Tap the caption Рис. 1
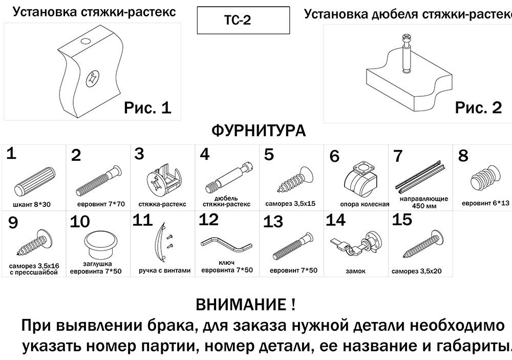click(147, 108)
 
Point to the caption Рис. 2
click(478, 108)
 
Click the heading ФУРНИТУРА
click(258, 131)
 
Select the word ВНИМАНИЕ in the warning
click(241, 306)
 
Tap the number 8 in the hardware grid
click(463, 156)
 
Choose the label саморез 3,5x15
click(290, 203)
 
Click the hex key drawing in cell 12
click(227, 244)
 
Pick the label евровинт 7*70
click(98, 204)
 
